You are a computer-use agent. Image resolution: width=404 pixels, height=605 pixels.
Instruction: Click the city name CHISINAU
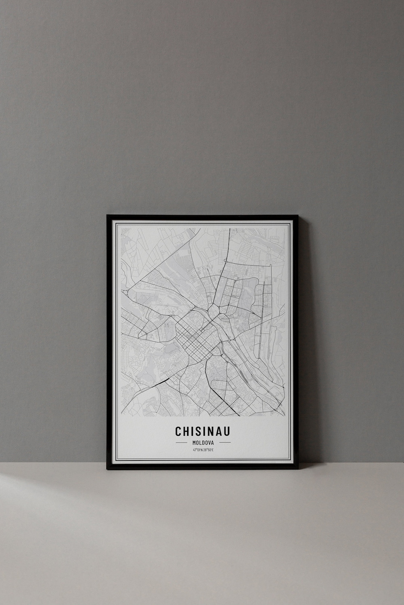point(203,431)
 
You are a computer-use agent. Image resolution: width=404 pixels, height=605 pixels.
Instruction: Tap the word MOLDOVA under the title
point(203,443)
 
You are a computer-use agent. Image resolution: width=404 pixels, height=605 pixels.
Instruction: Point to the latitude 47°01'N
point(198,450)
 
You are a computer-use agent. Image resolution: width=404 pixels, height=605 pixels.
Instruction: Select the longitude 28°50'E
point(208,450)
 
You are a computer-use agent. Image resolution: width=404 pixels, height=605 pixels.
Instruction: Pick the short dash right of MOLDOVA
point(225,443)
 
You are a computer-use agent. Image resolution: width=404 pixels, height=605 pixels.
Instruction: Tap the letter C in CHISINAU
point(179,431)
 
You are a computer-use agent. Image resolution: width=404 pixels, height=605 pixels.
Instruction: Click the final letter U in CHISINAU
point(227,431)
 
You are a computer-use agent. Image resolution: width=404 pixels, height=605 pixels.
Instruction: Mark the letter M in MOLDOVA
point(194,443)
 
